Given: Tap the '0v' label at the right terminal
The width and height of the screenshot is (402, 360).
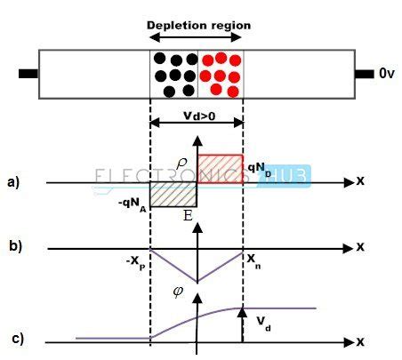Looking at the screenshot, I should pos(385,75).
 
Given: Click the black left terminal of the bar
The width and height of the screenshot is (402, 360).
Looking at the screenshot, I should pos(28,75).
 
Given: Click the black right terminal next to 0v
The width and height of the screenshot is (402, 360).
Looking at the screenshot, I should pos(363,75).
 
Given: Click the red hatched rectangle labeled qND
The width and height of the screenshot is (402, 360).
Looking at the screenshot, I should pos(220,168).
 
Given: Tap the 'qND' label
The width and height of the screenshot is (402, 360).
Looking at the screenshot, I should pos(259,166).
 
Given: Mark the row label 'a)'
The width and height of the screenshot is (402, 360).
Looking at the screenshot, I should pos(12,183).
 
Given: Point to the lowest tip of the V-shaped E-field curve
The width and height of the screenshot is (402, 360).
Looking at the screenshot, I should pos(197,282).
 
